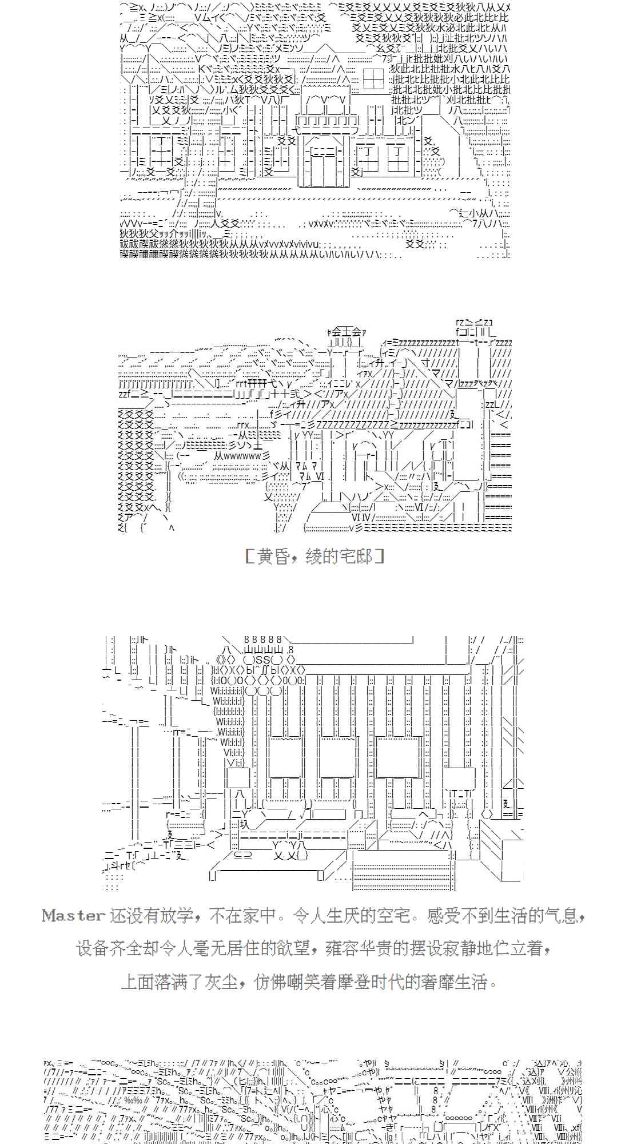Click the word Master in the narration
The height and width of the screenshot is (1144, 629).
[73, 916]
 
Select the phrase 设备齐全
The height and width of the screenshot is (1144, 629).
[108, 949]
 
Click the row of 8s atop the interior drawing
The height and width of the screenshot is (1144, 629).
[262, 639]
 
